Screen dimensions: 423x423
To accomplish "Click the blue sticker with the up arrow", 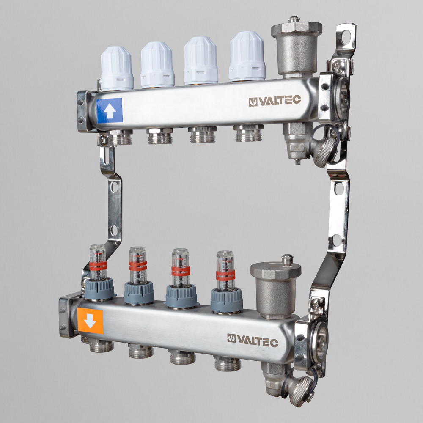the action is (109, 110).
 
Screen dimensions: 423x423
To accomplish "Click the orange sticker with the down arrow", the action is (90, 321).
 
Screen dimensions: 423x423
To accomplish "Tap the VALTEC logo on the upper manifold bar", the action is (275, 101).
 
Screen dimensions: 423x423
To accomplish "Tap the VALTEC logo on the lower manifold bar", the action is (253, 341).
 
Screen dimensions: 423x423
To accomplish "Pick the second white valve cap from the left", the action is (157, 65).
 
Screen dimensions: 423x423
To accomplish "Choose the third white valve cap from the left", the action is (201, 61).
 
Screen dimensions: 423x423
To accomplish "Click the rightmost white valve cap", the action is (247, 56).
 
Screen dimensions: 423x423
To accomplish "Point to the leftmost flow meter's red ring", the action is (98, 266).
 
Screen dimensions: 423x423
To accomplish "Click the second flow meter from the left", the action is (138, 276).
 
